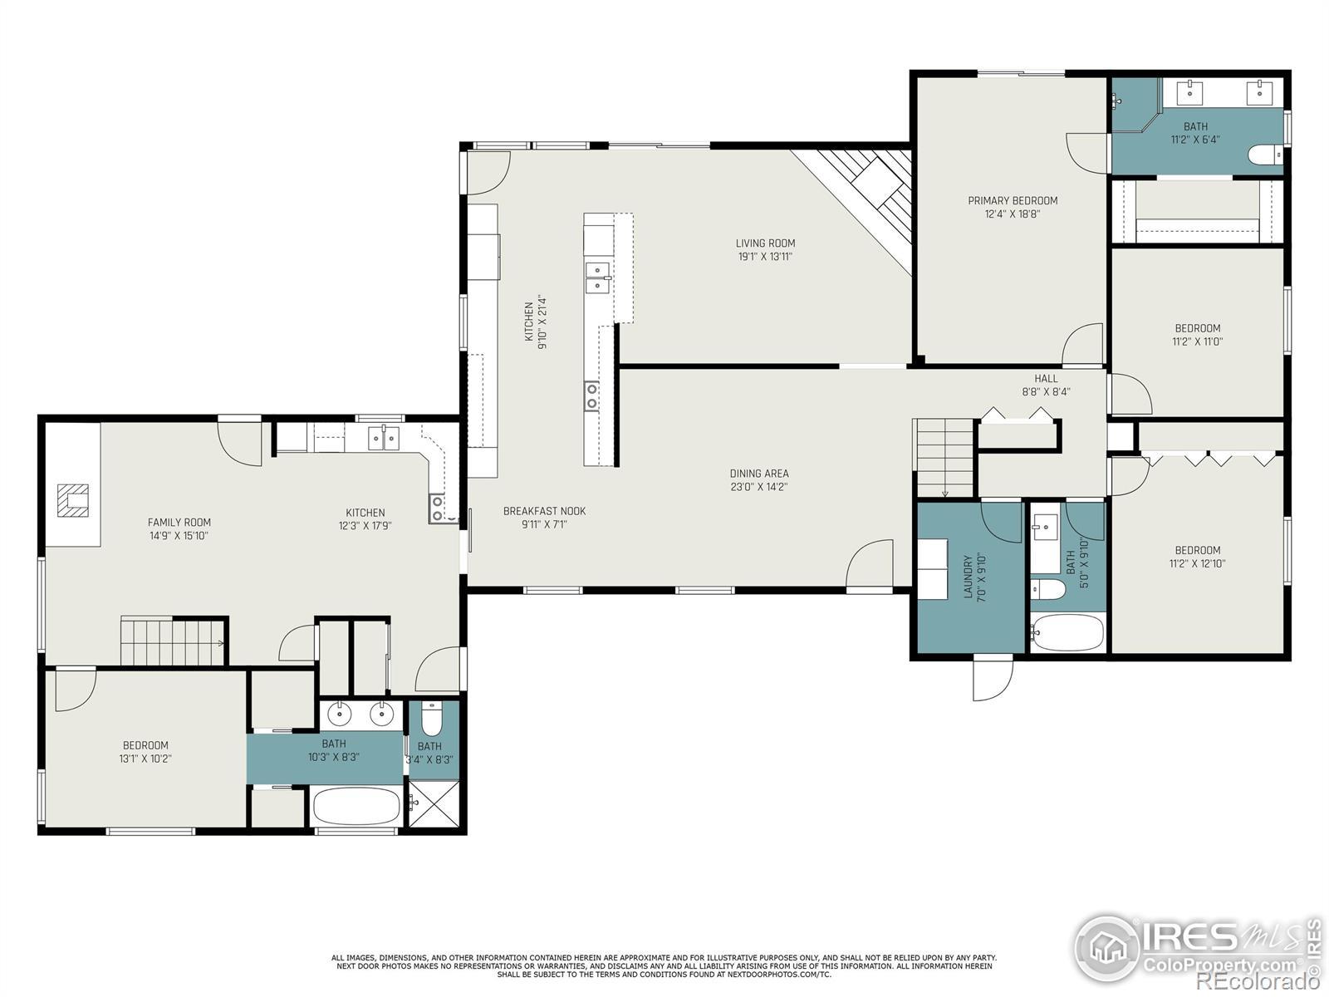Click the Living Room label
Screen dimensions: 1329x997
click(765, 243)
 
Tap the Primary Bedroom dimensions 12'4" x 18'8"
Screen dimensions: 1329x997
click(1013, 214)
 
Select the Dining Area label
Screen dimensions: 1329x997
click(759, 474)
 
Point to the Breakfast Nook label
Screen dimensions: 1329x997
click(544, 511)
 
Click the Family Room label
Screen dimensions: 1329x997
click(179, 522)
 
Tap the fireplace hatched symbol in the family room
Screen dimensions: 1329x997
click(73, 500)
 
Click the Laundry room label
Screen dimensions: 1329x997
click(968, 577)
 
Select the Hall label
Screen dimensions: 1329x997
click(1046, 378)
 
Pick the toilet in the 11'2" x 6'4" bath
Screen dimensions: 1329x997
click(1265, 155)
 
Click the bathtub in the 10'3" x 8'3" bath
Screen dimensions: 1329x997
click(356, 806)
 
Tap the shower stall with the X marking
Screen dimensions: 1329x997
click(434, 803)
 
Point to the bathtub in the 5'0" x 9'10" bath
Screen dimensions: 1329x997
click(1067, 633)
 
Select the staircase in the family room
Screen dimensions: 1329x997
click(173, 641)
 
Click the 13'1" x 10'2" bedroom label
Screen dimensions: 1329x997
click(145, 745)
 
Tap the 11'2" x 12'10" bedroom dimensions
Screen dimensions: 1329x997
click(1197, 563)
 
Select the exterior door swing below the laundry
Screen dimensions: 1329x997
click(993, 679)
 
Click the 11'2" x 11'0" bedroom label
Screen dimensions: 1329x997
click(1197, 328)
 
